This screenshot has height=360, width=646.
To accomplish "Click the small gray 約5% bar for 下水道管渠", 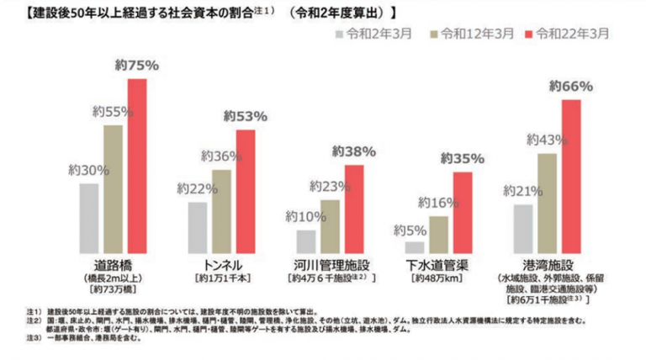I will point(415,246).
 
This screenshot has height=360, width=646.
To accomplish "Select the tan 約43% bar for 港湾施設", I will point(547,203).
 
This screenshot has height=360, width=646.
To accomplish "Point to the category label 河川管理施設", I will point(329,264).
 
